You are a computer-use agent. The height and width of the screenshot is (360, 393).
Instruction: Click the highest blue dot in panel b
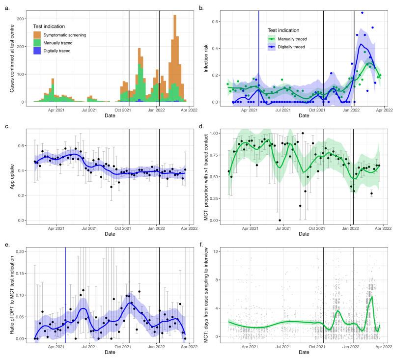[363, 13]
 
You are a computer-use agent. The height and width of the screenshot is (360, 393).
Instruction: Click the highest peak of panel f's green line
[372, 297]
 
